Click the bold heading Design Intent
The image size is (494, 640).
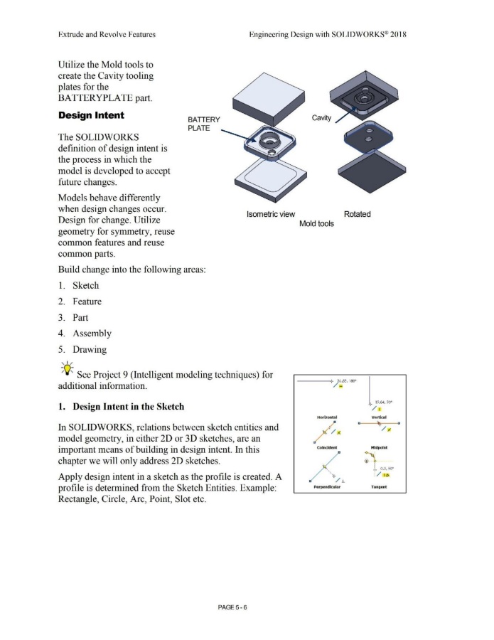(90, 115)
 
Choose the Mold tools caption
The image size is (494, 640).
(316, 223)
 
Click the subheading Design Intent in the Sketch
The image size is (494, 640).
(120, 407)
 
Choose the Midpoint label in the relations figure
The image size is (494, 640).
(377, 448)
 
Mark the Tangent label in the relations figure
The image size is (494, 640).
(377, 489)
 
